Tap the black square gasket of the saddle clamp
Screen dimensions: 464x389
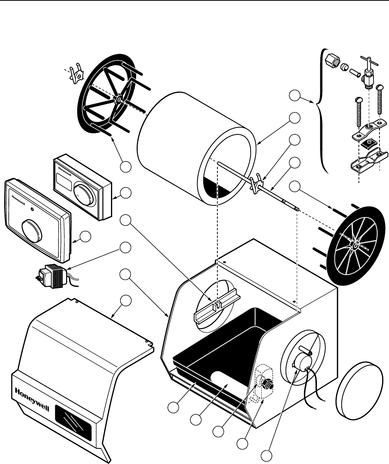coord(368,144)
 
